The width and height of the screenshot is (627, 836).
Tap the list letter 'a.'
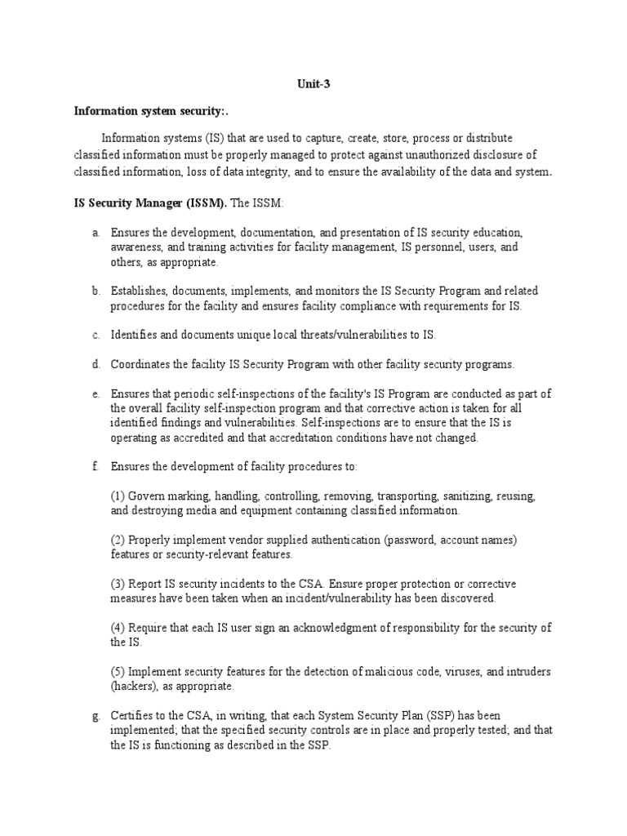pyautogui.click(x=96, y=233)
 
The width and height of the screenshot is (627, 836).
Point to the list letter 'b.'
pyautogui.click(x=96, y=291)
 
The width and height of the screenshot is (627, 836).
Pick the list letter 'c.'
pyautogui.click(x=96, y=335)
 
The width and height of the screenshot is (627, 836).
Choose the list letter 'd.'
pyautogui.click(x=96, y=364)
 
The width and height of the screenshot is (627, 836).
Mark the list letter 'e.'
pyautogui.click(x=96, y=394)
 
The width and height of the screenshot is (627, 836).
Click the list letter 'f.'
pyautogui.click(x=95, y=466)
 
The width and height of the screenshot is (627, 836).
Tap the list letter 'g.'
pyautogui.click(x=96, y=716)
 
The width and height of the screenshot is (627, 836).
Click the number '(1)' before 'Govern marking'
pyautogui.click(x=118, y=496)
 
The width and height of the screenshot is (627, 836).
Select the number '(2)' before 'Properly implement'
pyautogui.click(x=118, y=540)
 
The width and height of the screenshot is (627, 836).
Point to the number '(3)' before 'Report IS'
pyautogui.click(x=118, y=584)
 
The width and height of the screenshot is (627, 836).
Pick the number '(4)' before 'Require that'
pyautogui.click(x=118, y=628)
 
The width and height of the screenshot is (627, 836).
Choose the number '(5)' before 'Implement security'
pyautogui.click(x=118, y=672)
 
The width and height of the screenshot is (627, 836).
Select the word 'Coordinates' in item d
pyautogui.click(x=140, y=364)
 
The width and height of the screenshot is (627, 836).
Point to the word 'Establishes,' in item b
pyautogui.click(x=140, y=291)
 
